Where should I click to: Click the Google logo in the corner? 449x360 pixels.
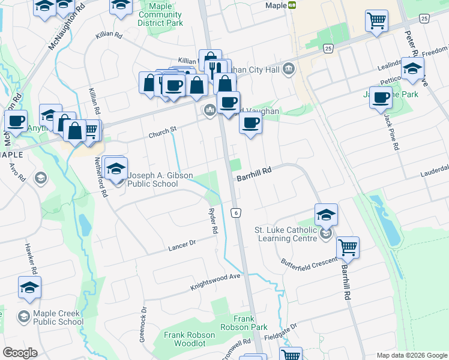[20, 353]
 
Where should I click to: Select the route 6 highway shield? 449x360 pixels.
[237, 213]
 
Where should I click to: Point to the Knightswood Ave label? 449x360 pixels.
[215, 280]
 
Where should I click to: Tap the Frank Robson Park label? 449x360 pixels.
[251, 323]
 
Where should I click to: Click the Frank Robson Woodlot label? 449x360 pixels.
[190, 339]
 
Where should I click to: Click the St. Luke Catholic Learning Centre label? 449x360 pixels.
[286, 234]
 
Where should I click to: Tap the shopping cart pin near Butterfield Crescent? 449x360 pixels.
[348, 247]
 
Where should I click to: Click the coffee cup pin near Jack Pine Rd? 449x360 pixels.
[381, 97]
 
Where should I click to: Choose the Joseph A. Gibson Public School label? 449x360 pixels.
[160, 179]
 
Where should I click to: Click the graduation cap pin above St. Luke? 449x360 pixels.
[326, 214]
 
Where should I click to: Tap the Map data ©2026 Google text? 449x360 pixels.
[411, 355]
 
